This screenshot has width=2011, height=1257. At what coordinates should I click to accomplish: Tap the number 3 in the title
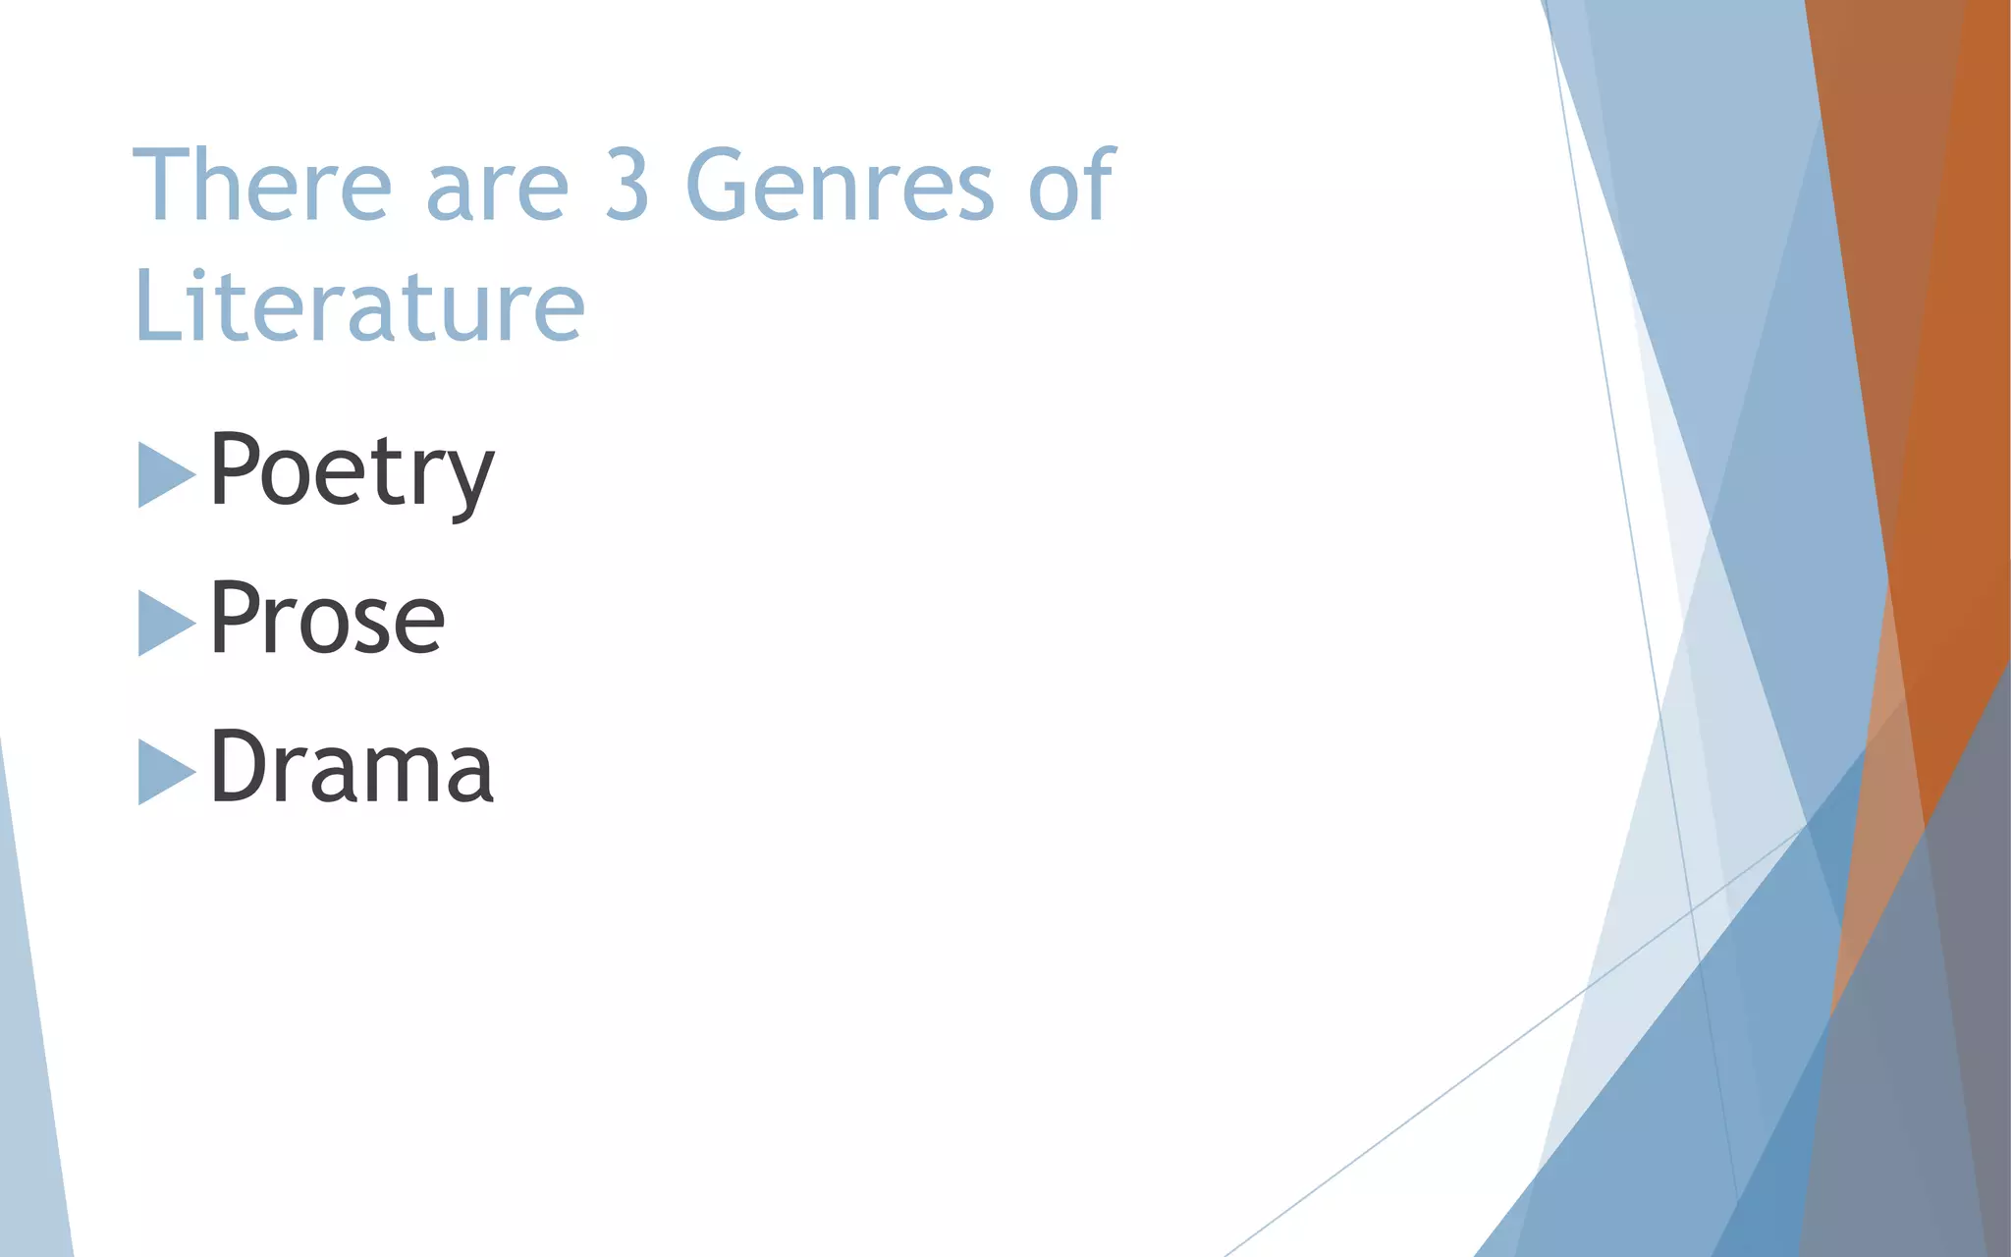click(626, 185)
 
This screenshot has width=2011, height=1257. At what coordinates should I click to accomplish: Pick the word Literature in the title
click(359, 306)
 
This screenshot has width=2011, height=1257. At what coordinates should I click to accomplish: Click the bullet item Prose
click(327, 619)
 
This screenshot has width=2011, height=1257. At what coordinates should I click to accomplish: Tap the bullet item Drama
click(352, 767)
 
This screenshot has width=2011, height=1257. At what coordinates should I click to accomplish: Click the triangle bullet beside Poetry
click(164, 475)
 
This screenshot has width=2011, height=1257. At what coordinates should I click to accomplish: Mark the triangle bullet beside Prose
click(164, 623)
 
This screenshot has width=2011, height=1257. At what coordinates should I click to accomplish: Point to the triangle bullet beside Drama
click(164, 772)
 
